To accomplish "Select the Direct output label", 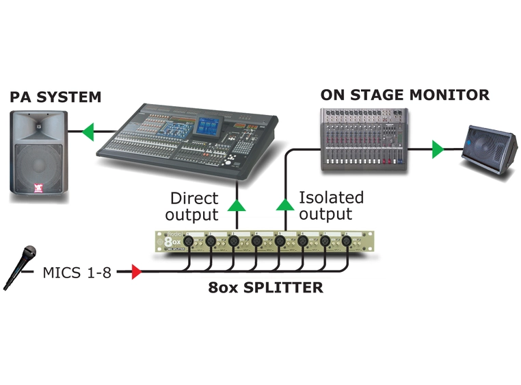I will click(194, 206).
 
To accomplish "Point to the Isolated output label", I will click(331, 205).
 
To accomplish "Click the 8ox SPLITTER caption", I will click(266, 287).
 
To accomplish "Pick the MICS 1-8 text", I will click(76, 273).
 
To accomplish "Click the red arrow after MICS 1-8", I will click(135, 273).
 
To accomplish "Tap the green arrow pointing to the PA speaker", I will click(85, 131).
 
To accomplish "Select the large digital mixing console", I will click(193, 139).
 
